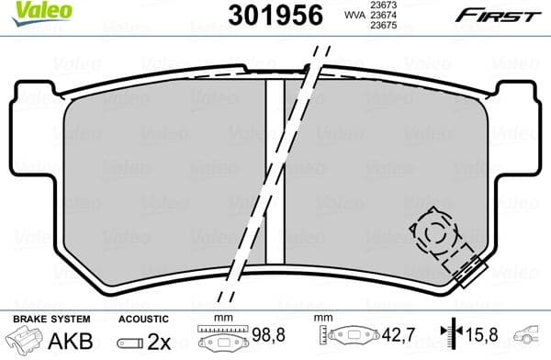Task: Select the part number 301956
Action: [271, 15]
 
